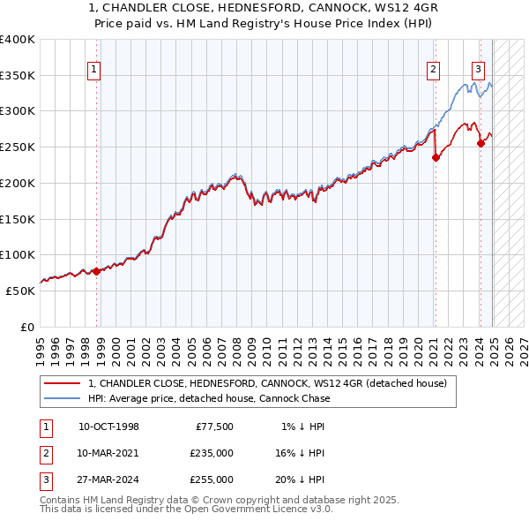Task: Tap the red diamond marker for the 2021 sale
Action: (436, 158)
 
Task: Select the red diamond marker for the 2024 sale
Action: (481, 143)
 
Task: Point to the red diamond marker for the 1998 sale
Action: (97, 271)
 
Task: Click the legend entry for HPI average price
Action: (208, 398)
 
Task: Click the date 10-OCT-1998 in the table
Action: (108, 427)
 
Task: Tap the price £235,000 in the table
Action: (212, 453)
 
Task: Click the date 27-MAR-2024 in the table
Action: (108, 479)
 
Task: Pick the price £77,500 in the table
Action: (215, 427)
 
